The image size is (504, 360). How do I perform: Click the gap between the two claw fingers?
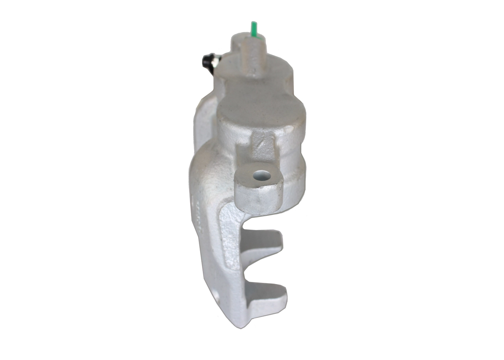coord(260,268)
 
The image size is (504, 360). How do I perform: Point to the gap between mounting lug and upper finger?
coord(260,223)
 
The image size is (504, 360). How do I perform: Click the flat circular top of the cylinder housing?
coord(260,112)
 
